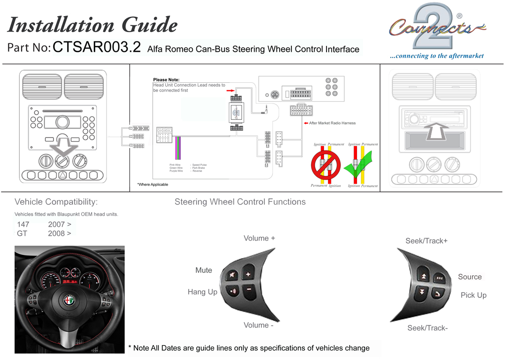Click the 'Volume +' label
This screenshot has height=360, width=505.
pyautogui.click(x=259, y=238)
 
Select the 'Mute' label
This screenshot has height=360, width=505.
pyautogui.click(x=204, y=270)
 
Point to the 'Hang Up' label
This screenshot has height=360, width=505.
pyautogui.click(x=202, y=292)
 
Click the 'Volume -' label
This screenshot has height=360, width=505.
pyautogui.click(x=258, y=325)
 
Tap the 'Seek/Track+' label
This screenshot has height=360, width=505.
pyautogui.click(x=427, y=241)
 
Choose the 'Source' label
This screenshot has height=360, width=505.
pyautogui.click(x=469, y=277)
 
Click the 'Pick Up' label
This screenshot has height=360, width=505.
pyautogui.click(x=473, y=295)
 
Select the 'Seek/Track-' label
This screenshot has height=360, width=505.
pyautogui.click(x=427, y=328)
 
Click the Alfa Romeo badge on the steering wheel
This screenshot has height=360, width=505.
pyautogui.click(x=69, y=300)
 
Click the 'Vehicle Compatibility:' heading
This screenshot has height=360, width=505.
pyautogui.click(x=56, y=202)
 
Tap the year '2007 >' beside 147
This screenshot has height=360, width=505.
pyautogui.click(x=59, y=224)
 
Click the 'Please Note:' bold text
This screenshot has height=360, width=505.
pyautogui.click(x=166, y=80)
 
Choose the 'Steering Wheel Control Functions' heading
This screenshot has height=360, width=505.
pyautogui.click(x=240, y=202)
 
